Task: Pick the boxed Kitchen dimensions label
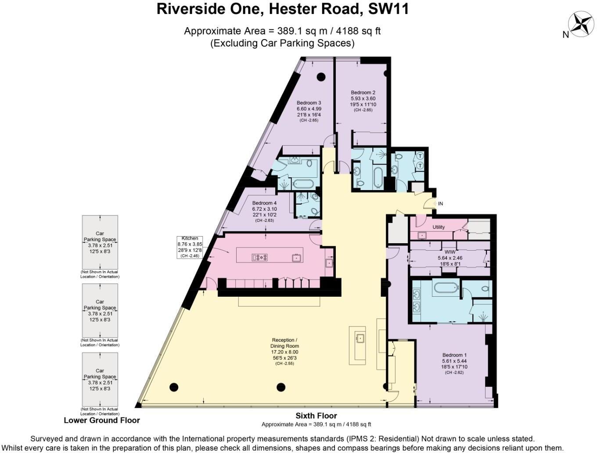[190, 247]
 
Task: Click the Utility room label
[439, 227]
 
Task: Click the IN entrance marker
[440, 204]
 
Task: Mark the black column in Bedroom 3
[321, 76]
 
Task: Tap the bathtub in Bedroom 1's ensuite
[445, 288]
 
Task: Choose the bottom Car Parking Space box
[100, 379]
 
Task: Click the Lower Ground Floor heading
[102, 420]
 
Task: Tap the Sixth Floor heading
[316, 416]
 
